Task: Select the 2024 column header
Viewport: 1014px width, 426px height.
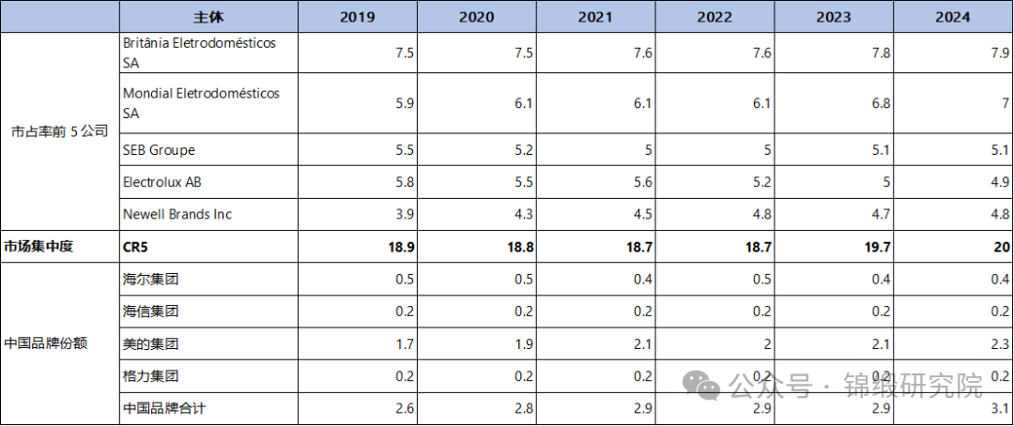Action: click(x=954, y=17)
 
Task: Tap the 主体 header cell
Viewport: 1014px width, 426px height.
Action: click(x=209, y=17)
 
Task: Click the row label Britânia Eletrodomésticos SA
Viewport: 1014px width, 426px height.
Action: click(x=200, y=53)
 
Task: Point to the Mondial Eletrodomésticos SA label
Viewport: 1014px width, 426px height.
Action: click(x=201, y=103)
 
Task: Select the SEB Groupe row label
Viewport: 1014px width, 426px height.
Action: click(x=159, y=150)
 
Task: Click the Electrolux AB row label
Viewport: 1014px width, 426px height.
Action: click(x=161, y=182)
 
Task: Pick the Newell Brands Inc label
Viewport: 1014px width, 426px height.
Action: click(x=177, y=214)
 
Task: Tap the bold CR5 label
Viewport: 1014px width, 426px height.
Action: click(x=137, y=247)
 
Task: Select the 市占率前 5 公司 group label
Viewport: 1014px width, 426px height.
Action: click(x=59, y=132)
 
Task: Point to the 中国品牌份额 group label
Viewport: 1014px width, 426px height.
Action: click(x=47, y=343)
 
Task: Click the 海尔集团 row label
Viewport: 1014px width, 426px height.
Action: click(x=150, y=279)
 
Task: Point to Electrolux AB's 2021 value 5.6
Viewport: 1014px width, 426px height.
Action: click(x=641, y=182)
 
